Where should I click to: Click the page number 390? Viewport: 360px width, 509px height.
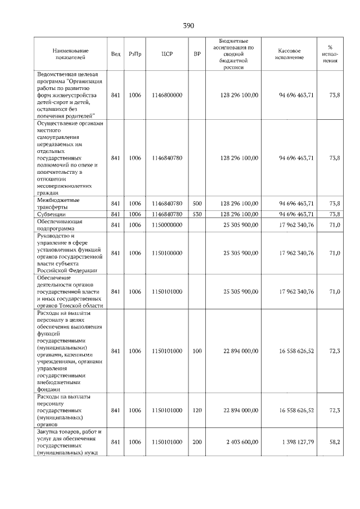188,26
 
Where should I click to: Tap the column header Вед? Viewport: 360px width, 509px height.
115,54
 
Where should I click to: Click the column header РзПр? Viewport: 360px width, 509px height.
135,54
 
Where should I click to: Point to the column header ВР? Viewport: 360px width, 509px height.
197,54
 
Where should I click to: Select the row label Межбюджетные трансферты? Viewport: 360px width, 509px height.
58,203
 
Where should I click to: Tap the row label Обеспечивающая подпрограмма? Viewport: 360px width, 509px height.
60,226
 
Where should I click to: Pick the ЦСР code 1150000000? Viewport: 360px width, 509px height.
167,226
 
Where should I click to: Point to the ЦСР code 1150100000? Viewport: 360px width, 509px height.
167,253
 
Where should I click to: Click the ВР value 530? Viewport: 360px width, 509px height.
197,214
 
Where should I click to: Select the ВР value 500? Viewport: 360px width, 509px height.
197,203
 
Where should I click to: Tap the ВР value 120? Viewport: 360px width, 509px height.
197,411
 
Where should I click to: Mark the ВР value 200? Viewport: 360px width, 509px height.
197,443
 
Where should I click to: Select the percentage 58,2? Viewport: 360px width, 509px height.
335,443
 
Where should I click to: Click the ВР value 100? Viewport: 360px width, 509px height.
197,351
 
